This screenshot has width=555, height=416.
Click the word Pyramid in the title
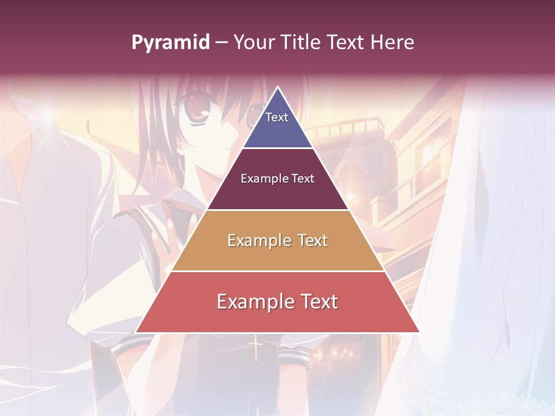(170, 43)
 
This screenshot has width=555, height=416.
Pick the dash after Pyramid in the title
(221, 43)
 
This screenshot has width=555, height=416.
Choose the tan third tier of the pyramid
(277, 254)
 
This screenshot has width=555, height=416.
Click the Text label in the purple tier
(277, 117)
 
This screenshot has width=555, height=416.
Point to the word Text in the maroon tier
(303, 179)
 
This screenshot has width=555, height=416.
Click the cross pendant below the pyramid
(256, 350)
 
